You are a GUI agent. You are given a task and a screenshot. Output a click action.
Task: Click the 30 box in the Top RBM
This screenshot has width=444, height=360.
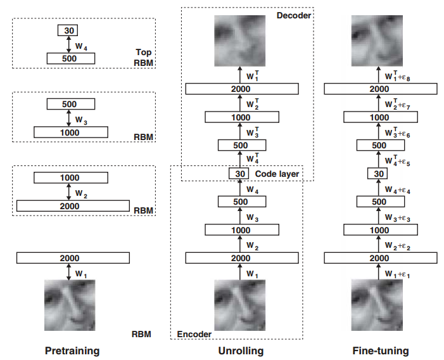(68, 30)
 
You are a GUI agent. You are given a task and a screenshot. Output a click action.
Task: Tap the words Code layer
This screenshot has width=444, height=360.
(277, 174)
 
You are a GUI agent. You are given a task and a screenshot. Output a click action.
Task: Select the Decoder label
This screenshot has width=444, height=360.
(294, 16)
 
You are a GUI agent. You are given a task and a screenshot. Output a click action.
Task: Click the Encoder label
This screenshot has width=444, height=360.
(194, 334)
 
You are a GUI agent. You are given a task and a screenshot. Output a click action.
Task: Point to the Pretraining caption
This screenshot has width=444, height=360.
(72, 350)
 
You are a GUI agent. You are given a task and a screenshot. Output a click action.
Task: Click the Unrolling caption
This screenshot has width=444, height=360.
(241, 350)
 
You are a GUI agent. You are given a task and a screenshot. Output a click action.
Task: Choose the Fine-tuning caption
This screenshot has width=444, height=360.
(381, 350)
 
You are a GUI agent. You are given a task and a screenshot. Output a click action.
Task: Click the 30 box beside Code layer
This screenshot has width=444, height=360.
(239, 174)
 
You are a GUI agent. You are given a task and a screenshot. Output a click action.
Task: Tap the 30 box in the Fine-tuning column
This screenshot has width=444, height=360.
(377, 174)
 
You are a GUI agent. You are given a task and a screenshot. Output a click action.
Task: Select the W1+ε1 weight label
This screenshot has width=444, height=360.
(397, 274)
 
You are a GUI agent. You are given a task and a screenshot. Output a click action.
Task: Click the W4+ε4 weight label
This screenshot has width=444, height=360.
(397, 190)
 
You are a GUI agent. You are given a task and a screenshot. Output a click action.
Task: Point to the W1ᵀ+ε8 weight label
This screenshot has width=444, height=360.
(397, 76)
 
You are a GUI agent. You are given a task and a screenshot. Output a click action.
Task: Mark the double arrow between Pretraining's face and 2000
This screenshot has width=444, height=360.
(68, 272)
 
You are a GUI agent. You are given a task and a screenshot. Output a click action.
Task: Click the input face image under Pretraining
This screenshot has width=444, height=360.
(70, 305)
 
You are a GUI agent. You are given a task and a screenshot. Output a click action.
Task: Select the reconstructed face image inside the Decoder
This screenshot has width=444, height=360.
(240, 41)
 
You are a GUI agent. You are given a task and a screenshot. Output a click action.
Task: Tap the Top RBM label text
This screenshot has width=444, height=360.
(144, 58)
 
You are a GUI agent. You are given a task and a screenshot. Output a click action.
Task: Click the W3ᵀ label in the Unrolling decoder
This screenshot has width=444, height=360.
(253, 132)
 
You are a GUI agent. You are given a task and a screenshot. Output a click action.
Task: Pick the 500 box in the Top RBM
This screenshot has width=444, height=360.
(71, 58)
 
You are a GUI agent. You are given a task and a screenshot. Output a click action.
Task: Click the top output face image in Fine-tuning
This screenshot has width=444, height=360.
(377, 41)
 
